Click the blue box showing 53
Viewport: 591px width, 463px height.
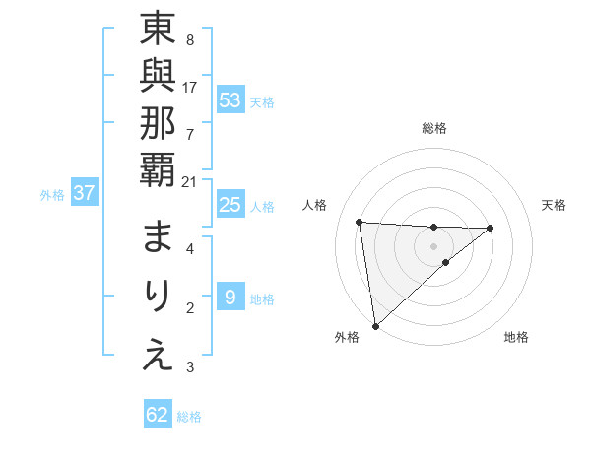point(230,100)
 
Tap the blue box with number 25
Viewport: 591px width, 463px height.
point(230,206)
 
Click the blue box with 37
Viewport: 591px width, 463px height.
point(84,194)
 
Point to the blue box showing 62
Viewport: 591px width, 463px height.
point(158,415)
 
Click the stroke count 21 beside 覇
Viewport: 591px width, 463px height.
point(190,181)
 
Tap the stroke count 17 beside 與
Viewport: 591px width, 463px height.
point(190,87)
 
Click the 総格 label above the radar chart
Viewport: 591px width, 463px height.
point(433,128)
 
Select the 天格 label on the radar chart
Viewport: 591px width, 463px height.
point(555,205)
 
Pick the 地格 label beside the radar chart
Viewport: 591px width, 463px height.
point(516,337)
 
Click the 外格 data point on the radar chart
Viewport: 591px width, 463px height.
point(375,325)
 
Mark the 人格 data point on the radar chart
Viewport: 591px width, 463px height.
point(360,222)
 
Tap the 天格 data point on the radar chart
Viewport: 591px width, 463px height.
point(491,228)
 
